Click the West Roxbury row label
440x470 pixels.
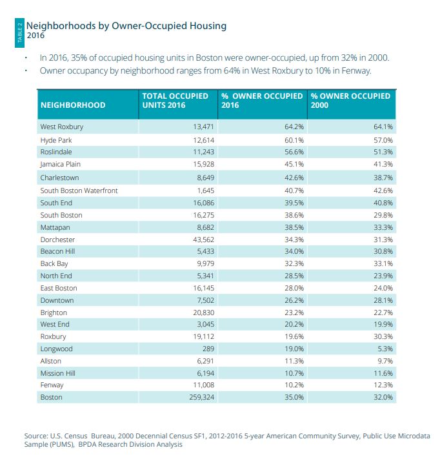click(x=61, y=127)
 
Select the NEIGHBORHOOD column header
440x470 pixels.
click(x=72, y=105)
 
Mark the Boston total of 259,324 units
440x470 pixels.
click(x=196, y=397)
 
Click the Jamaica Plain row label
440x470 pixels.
click(x=60, y=164)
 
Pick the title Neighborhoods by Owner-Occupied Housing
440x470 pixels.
click(x=126, y=26)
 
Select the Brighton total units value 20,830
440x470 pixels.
click(x=199, y=312)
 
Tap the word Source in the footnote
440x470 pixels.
click(x=37, y=436)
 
